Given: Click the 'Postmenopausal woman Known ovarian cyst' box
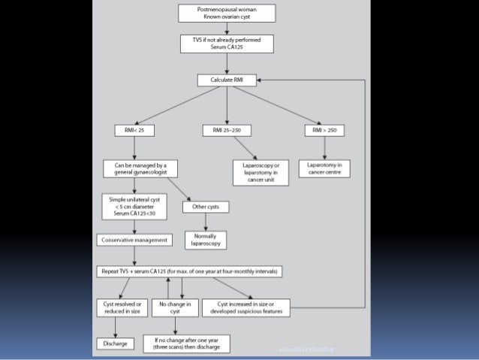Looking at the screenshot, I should pos(226,13).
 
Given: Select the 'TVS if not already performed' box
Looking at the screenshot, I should pos(226,43).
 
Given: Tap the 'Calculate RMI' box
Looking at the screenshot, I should pos(226,80).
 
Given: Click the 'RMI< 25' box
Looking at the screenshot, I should pos(134,131).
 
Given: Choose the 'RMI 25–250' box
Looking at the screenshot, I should pos(226,131).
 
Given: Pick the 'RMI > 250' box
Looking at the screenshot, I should pos(324,131).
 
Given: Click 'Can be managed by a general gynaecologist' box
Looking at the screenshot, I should pos(134,168).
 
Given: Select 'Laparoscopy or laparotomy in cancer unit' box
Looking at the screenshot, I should pos(255,170).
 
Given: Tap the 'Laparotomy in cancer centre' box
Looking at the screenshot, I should pos(324,168).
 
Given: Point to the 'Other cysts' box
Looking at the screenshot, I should pos(205,207).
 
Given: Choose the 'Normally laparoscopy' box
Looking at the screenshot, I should pos(205,239).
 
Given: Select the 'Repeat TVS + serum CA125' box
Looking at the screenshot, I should pos(189,271).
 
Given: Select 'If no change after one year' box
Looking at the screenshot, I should pos(187,343).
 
